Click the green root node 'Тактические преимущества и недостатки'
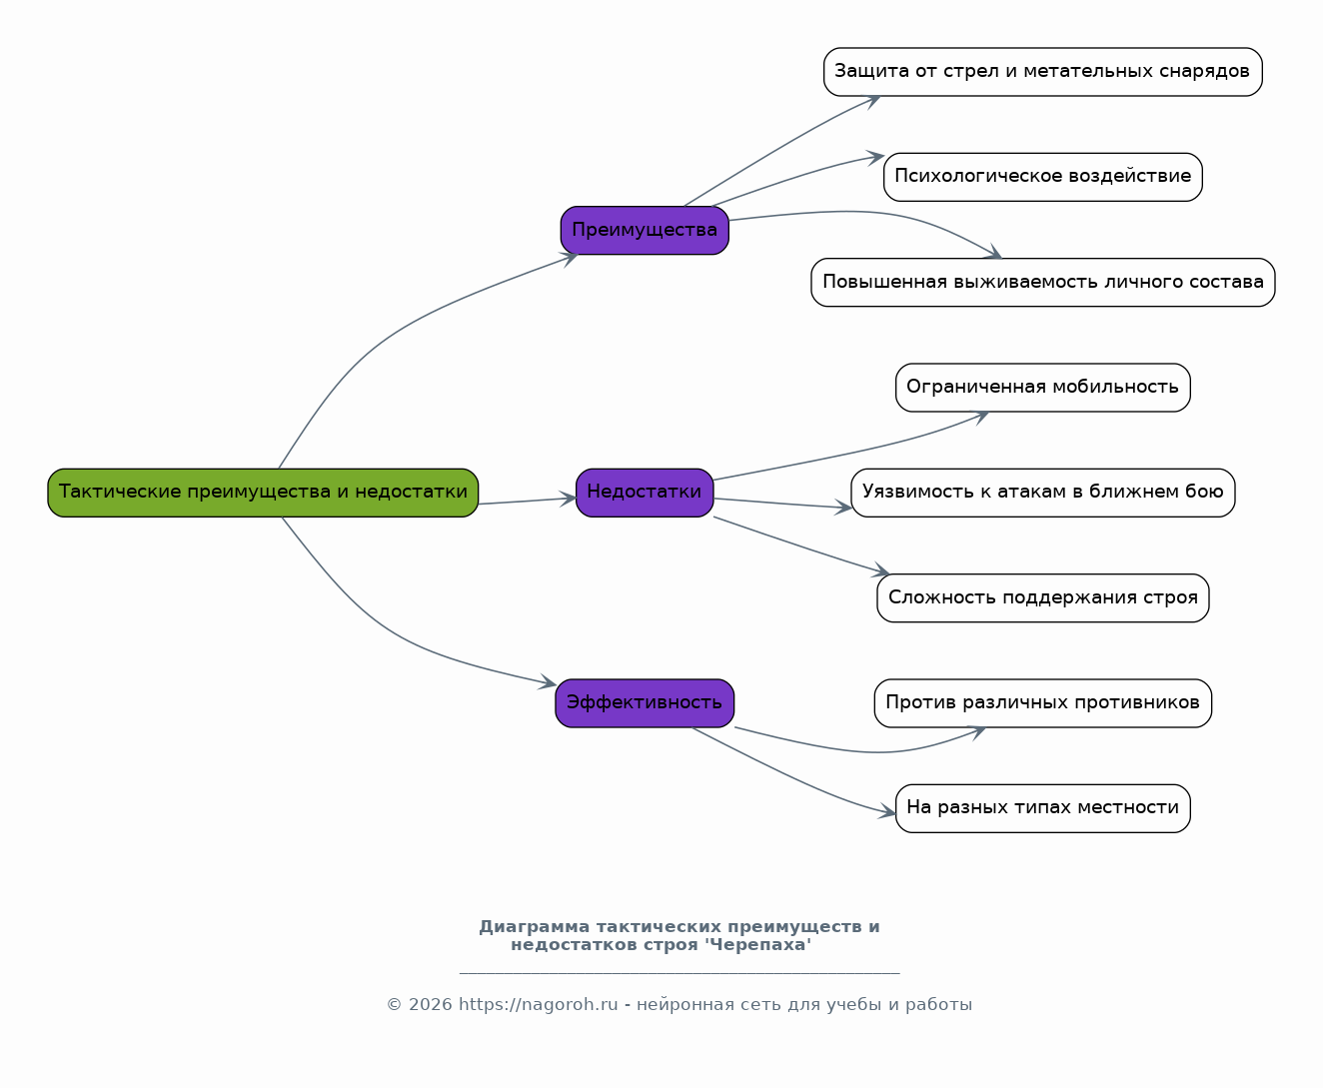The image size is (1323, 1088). (263, 493)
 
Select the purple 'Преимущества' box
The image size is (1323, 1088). (645, 230)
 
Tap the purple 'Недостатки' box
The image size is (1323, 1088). (645, 493)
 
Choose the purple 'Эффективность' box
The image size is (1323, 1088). (645, 703)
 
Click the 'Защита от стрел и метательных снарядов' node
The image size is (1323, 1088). (1042, 72)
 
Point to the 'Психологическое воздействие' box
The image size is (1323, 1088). (1042, 177)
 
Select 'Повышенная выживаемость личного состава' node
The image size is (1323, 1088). (1042, 282)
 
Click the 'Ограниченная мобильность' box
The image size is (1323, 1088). (1042, 388)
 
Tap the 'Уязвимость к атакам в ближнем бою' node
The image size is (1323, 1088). (1042, 493)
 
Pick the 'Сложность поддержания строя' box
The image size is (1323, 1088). (1042, 597)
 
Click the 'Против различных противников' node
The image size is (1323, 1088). (1042, 703)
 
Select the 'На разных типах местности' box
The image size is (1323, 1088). (1042, 808)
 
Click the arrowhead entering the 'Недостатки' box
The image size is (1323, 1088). (569, 499)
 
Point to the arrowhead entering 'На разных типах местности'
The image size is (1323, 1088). (887, 811)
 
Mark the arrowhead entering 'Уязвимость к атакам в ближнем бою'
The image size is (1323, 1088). (842, 507)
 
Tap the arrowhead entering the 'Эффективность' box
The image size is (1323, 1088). (548, 682)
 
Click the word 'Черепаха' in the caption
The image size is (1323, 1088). (757, 944)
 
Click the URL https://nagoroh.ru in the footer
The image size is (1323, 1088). (539, 1005)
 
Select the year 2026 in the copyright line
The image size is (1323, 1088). (431, 1005)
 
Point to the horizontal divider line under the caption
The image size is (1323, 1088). (679, 973)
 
